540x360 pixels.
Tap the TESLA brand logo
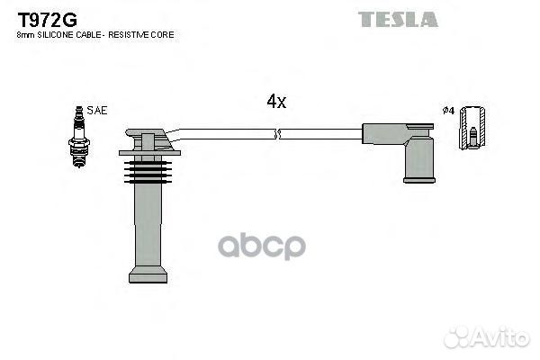398,19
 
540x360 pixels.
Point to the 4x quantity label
276,103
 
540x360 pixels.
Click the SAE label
97,110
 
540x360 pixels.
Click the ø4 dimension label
447,111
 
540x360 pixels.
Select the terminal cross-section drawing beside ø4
470,129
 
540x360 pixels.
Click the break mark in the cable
278,135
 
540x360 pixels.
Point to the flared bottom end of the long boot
148,274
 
